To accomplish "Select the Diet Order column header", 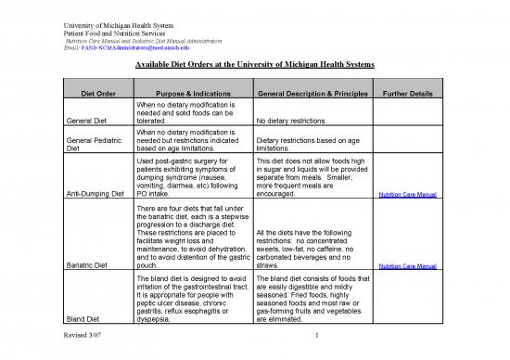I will click(x=92, y=93).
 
